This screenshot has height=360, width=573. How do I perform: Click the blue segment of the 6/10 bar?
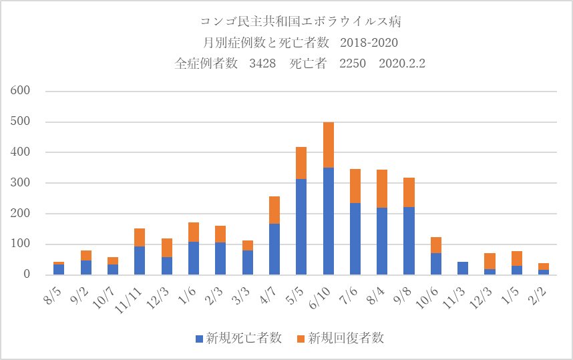328,220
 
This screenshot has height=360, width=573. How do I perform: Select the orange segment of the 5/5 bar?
301,162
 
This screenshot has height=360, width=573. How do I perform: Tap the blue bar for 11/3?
463,268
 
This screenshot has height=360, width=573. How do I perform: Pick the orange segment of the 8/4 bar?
382,188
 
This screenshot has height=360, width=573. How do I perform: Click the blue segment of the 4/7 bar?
274,248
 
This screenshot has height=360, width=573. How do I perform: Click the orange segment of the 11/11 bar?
140,237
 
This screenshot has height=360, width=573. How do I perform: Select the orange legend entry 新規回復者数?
344,339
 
